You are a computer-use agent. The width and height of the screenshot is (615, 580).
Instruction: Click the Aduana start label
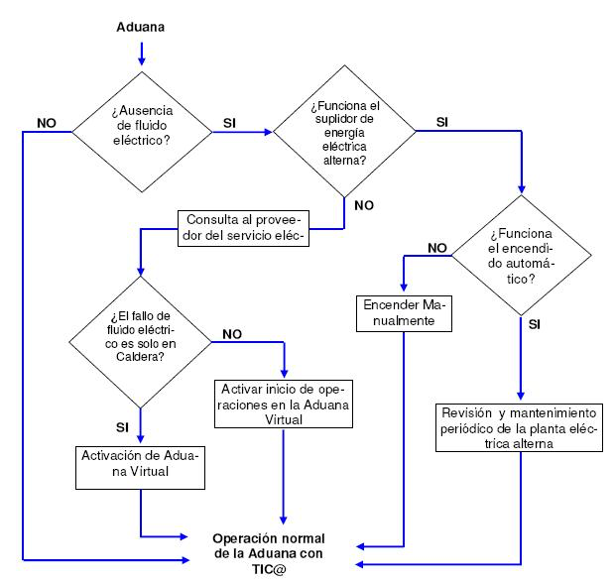click(141, 27)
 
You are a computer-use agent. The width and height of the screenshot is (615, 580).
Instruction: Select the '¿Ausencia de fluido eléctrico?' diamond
click(142, 132)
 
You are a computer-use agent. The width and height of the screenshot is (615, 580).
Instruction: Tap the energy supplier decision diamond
click(344, 131)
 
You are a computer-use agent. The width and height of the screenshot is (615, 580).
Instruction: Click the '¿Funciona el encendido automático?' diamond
click(521, 255)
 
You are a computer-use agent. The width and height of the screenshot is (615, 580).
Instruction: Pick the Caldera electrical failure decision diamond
click(141, 342)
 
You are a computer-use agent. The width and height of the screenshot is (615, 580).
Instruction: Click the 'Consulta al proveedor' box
click(244, 229)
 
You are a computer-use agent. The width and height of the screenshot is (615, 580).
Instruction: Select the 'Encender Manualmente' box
click(404, 313)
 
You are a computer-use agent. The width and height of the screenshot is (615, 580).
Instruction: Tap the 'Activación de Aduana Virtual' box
click(141, 467)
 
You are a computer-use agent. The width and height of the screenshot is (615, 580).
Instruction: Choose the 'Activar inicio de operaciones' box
click(284, 404)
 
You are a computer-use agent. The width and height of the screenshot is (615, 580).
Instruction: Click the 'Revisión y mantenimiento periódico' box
click(520, 428)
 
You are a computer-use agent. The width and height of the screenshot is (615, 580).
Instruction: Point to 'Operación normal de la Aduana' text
click(269, 546)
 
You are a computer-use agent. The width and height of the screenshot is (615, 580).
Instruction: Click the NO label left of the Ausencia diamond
click(47, 123)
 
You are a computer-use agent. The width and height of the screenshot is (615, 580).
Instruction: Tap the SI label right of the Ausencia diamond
click(229, 123)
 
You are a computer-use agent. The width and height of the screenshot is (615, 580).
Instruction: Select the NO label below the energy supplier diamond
click(364, 205)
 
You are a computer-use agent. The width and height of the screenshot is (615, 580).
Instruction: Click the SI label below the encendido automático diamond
click(535, 325)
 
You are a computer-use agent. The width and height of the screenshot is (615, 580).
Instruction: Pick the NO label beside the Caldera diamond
click(232, 334)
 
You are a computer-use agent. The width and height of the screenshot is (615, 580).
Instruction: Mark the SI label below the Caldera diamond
click(122, 427)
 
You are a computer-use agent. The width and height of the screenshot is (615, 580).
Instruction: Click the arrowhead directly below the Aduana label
click(142, 60)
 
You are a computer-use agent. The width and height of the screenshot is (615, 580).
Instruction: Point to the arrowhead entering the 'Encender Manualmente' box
click(404, 287)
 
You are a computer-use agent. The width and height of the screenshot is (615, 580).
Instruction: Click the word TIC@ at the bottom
click(269, 569)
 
